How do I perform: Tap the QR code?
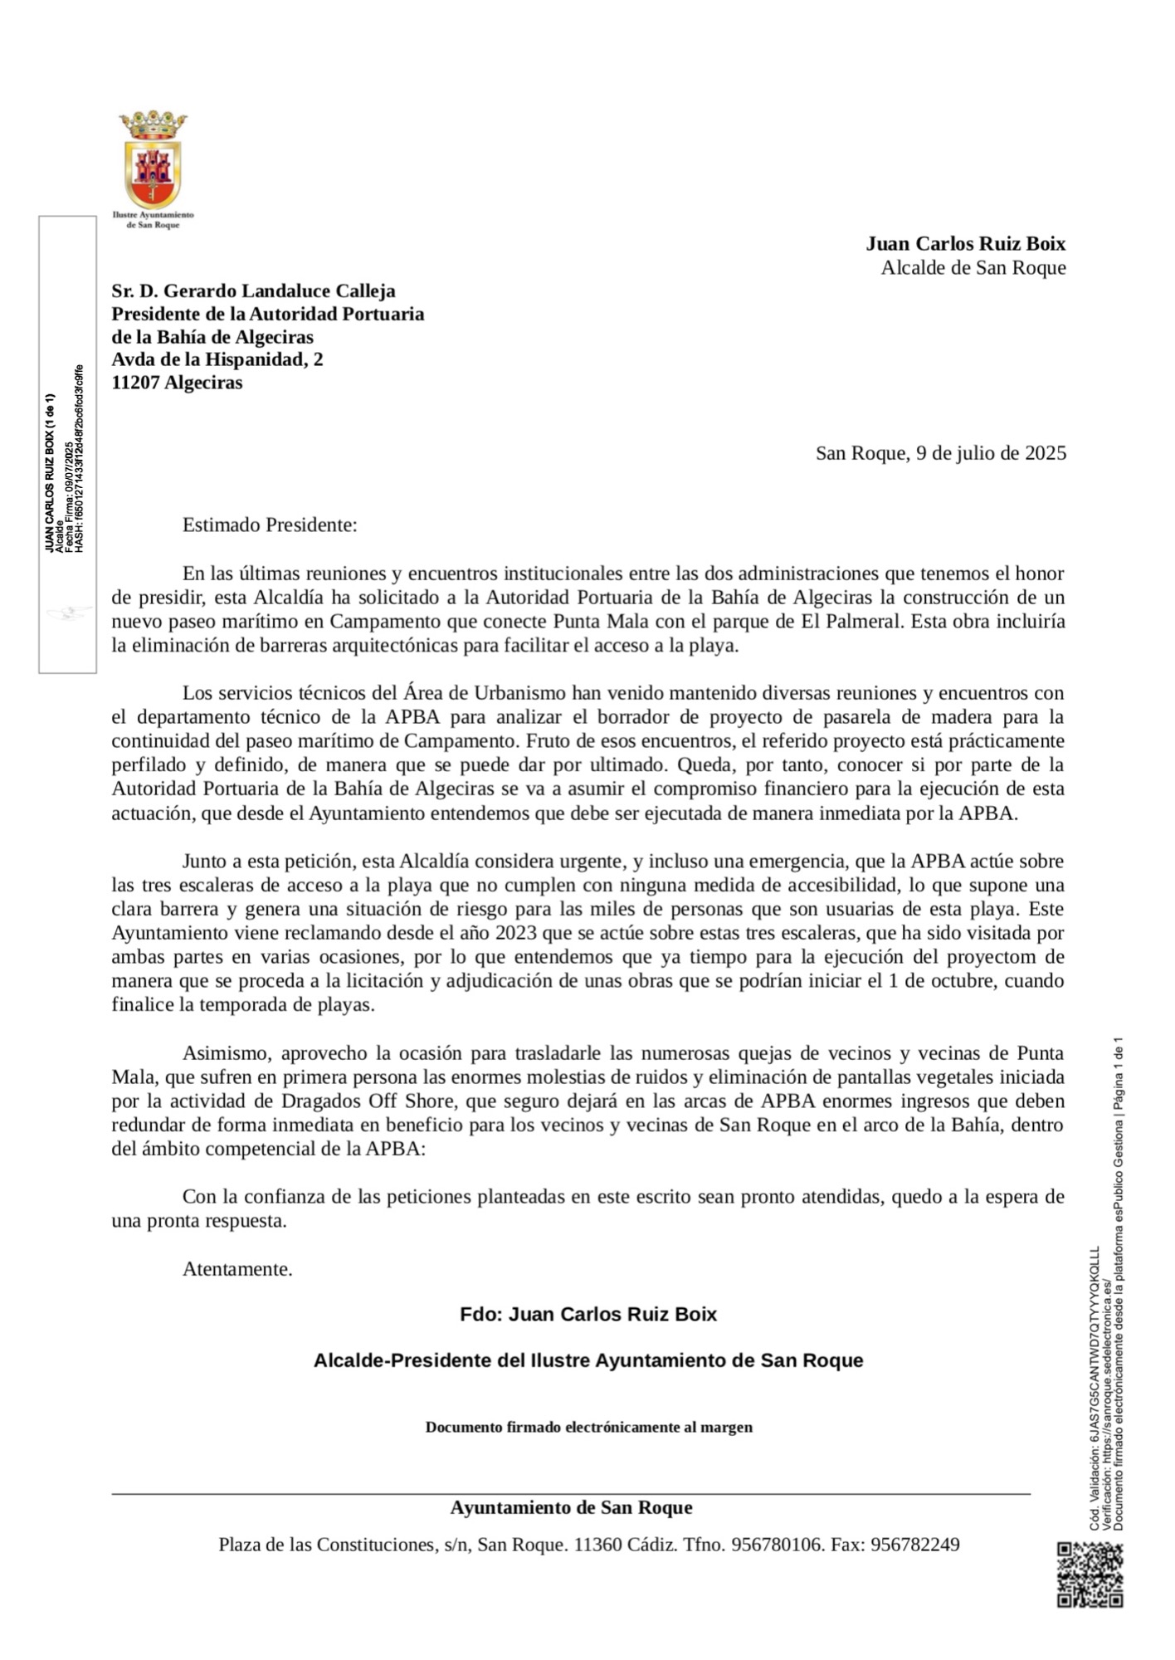pyautogui.click(x=1090, y=1574)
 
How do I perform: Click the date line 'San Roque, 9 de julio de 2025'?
pyautogui.click(x=940, y=453)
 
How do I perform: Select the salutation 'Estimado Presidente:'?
pyautogui.click(x=270, y=525)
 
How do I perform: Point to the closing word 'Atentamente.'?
pyautogui.click(x=237, y=1269)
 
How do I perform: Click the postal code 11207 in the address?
pyautogui.click(x=135, y=383)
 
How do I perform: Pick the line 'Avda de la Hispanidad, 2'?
pyautogui.click(x=217, y=359)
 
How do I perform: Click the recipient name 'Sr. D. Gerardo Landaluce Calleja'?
pyautogui.click(x=253, y=290)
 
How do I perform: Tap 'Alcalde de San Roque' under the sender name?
pyautogui.click(x=973, y=267)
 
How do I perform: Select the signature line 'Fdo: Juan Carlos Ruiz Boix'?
pyautogui.click(x=588, y=1314)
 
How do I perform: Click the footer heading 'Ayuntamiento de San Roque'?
pyautogui.click(x=571, y=1507)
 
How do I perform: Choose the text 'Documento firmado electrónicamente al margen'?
pyautogui.click(x=588, y=1427)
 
